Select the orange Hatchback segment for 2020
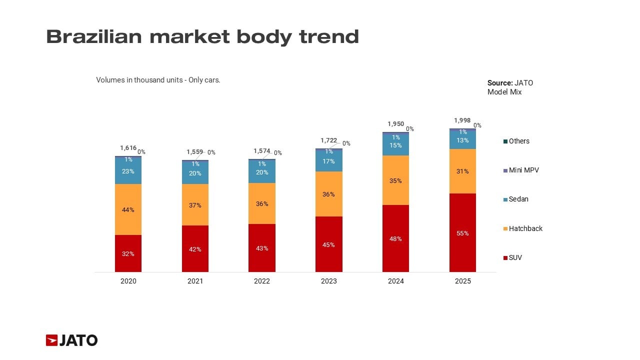[128, 209]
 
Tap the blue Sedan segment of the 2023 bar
[329, 161]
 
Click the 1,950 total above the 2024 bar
[395, 123]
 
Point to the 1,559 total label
[194, 151]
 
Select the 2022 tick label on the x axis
[262, 281]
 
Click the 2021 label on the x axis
[195, 281]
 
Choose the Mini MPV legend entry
[523, 170]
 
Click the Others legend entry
[518, 141]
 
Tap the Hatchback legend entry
[525, 228]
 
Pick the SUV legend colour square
[505, 258]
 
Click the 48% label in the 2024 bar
[395, 239]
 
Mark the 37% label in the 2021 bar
[195, 205]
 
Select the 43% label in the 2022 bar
[262, 248]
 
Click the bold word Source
[499, 83]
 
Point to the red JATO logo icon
[52, 340]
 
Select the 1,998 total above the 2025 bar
[462, 120]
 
